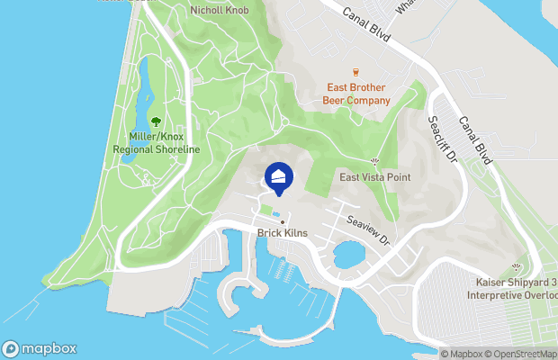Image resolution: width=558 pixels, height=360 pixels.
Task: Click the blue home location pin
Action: click(278, 176)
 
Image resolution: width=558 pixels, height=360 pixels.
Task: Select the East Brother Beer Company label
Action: click(355, 94)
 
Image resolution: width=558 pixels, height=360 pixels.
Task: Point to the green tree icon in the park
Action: click(157, 121)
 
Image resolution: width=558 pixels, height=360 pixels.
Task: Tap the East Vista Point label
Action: click(374, 177)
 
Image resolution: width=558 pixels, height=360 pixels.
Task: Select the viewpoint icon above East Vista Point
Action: click(374, 162)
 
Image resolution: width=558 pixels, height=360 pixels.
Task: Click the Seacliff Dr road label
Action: click(443, 139)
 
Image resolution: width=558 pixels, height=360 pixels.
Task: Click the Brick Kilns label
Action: click(283, 233)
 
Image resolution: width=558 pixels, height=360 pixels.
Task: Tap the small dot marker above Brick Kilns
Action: click(283, 221)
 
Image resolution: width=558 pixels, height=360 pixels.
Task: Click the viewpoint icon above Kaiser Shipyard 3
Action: click(516, 267)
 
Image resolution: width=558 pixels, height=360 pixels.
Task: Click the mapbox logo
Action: click(40, 348)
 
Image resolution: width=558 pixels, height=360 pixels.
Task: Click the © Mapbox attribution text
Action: click(462, 354)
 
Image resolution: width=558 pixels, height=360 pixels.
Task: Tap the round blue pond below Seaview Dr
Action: click(346, 256)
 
